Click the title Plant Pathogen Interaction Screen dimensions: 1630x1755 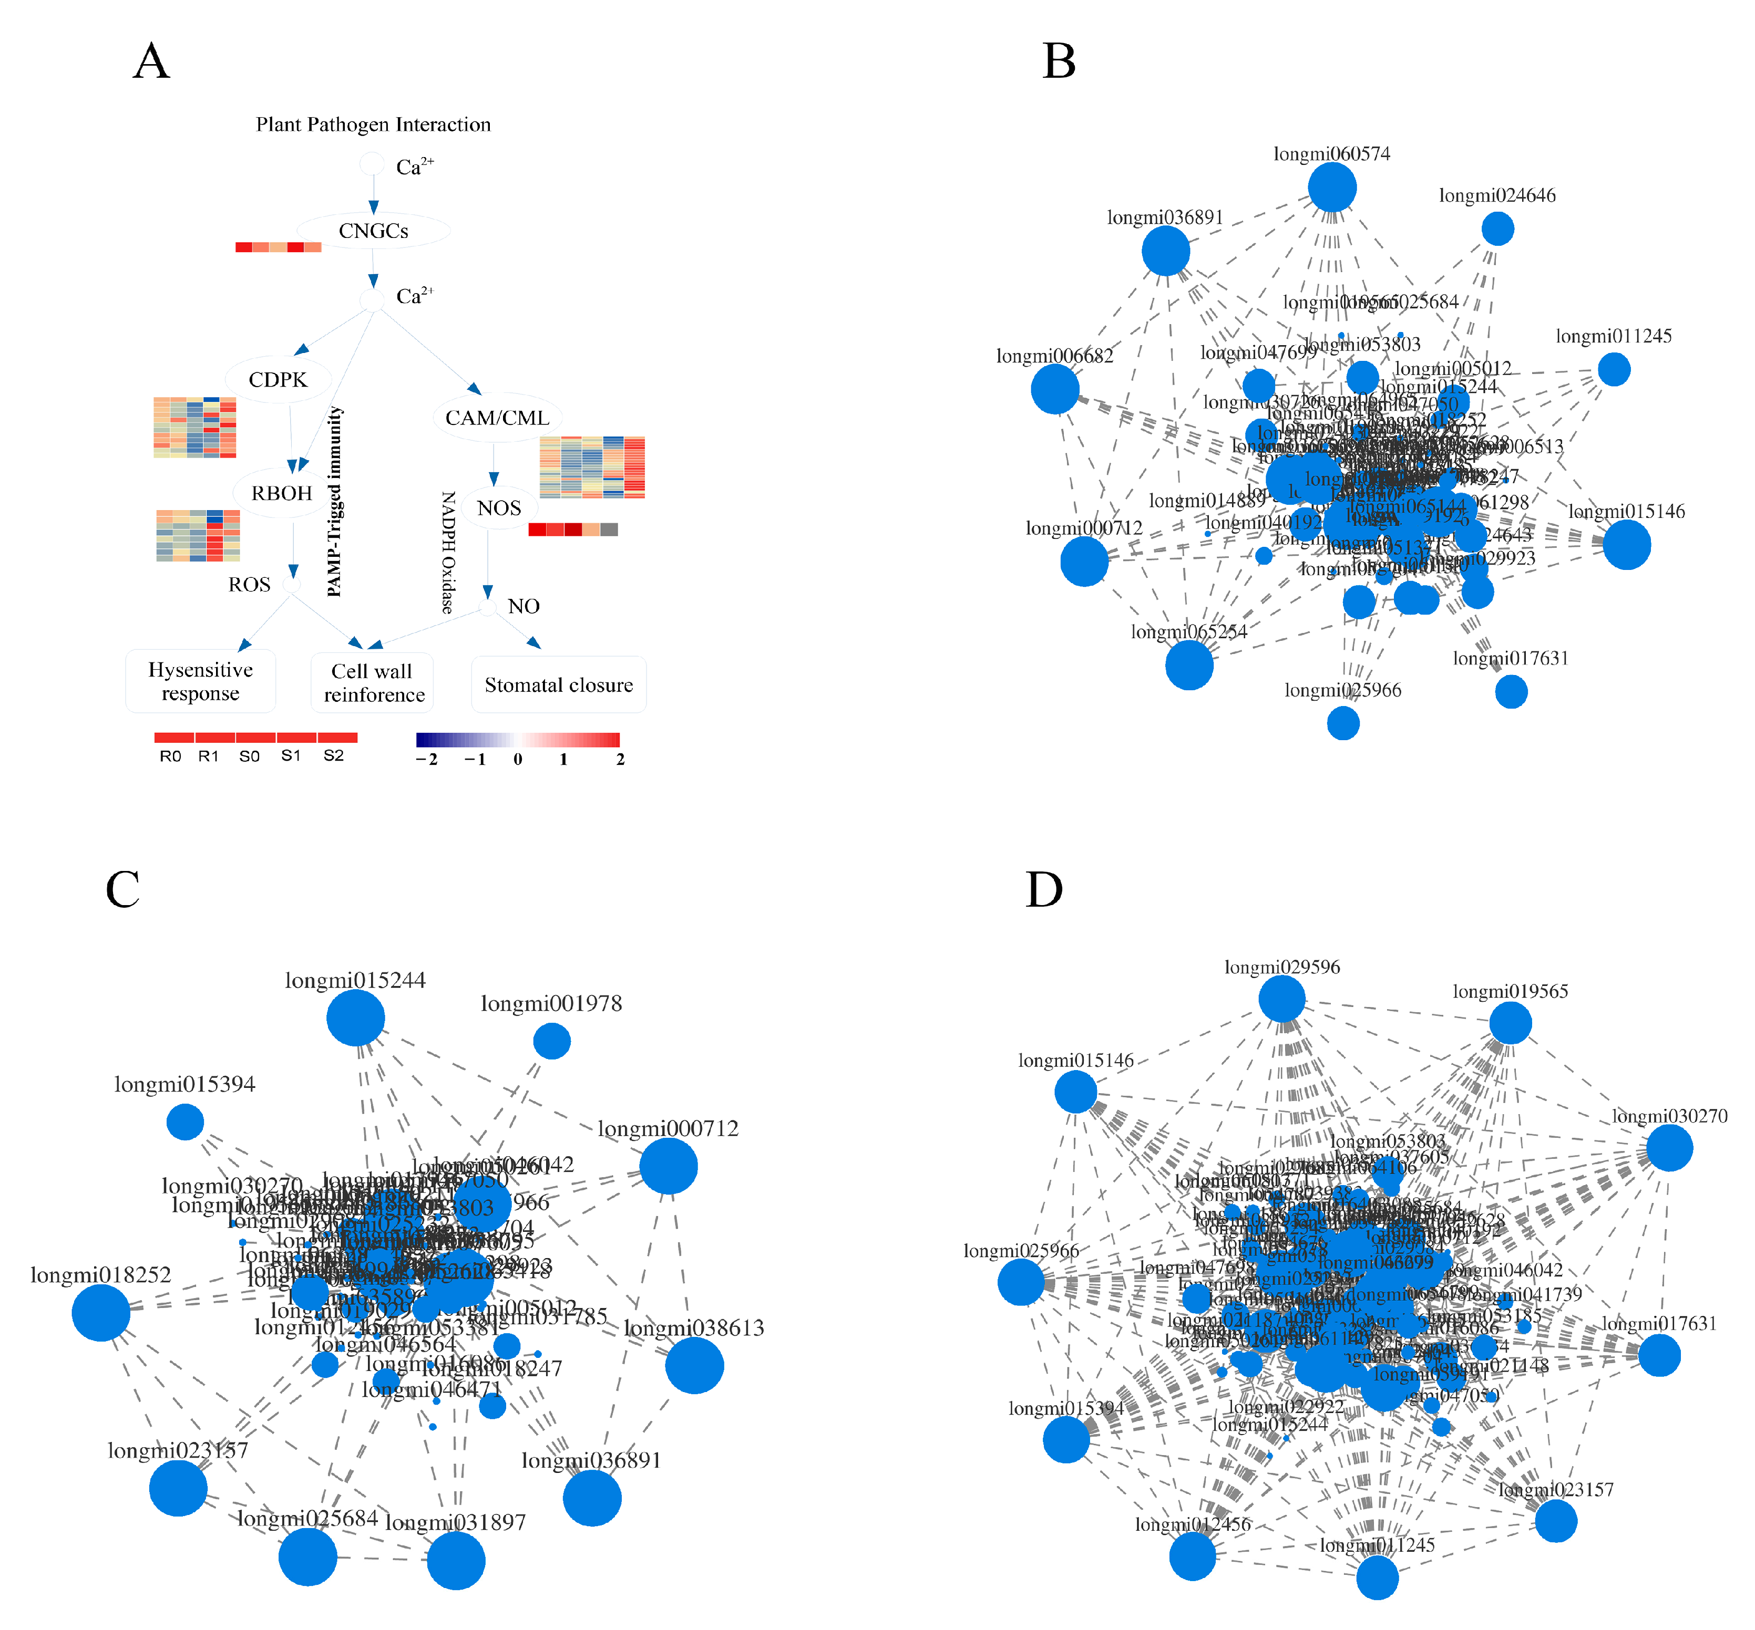[373, 124]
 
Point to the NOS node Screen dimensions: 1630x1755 [498, 508]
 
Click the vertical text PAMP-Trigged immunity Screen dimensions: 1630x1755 [334, 501]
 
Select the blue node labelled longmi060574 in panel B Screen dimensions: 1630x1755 [1331, 188]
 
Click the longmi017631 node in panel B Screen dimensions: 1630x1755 [1511, 691]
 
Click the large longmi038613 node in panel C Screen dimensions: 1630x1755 [694, 1365]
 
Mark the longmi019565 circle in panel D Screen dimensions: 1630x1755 [1510, 1023]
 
